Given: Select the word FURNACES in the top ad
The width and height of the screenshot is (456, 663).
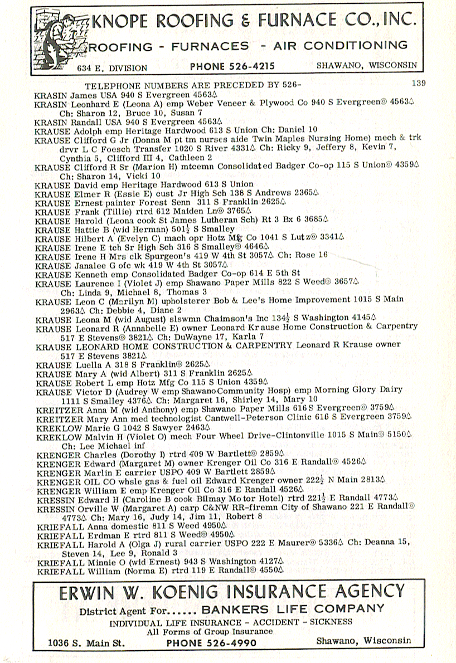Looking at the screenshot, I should click(x=210, y=46).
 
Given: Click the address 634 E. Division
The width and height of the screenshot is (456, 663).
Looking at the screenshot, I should click(x=113, y=68).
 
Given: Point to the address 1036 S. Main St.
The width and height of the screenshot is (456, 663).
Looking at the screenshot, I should click(x=86, y=642).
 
